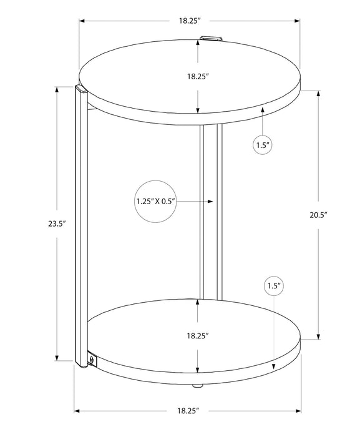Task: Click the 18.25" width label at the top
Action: click(x=189, y=21)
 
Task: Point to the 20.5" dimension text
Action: click(x=318, y=214)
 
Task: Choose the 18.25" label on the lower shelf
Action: click(x=198, y=335)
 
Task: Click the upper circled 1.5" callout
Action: click(x=262, y=145)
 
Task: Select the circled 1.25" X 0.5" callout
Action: click(x=155, y=201)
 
